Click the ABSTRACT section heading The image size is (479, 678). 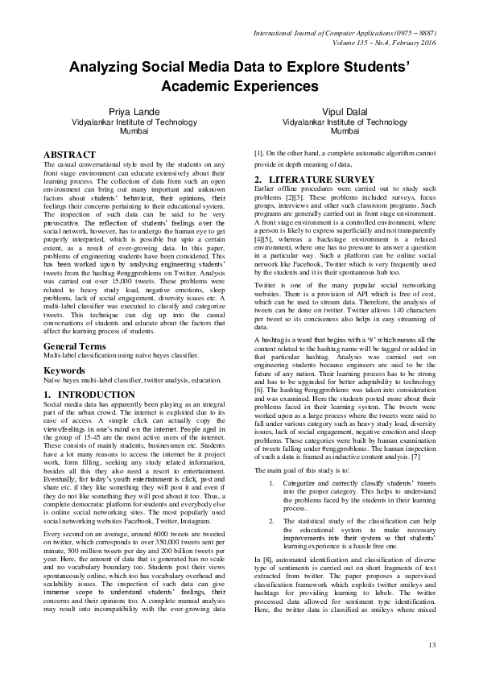(72, 153)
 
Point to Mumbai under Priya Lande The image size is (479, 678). (129, 130)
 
